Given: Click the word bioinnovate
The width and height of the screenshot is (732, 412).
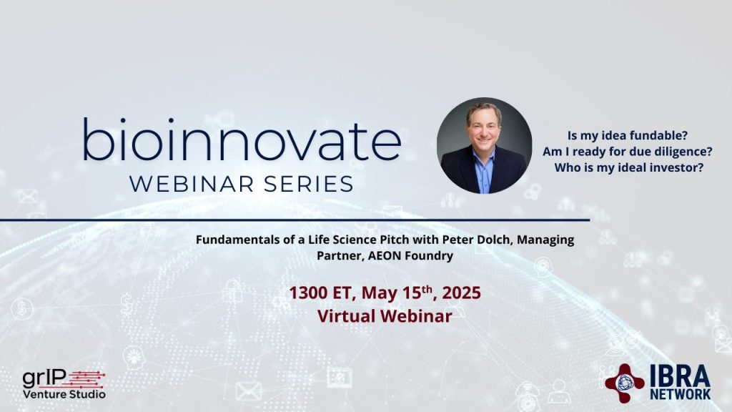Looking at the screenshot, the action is click(242, 139).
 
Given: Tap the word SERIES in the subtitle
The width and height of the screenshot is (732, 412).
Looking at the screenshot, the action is click(309, 184).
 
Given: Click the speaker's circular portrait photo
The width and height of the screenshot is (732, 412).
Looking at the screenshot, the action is click(484, 145).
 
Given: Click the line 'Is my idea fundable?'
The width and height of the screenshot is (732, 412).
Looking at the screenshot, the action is click(628, 135).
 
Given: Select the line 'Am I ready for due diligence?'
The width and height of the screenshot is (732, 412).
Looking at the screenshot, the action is click(628, 152).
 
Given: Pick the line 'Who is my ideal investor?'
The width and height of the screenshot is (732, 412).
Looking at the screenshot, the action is click(628, 167).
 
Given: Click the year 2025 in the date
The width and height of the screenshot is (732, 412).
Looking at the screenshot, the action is click(461, 293).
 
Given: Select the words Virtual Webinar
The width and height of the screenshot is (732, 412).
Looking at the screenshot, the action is click(385, 316).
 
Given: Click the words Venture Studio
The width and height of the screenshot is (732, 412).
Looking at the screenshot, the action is click(64, 394).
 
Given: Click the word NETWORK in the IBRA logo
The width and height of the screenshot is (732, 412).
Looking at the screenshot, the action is click(681, 395).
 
